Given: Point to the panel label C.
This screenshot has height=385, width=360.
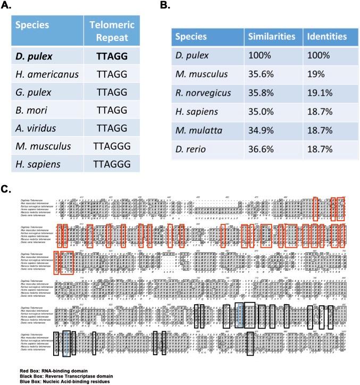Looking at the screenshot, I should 6,189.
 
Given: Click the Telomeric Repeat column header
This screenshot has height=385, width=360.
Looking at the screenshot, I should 108,30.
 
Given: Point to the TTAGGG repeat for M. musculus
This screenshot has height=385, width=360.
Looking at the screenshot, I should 108,150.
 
